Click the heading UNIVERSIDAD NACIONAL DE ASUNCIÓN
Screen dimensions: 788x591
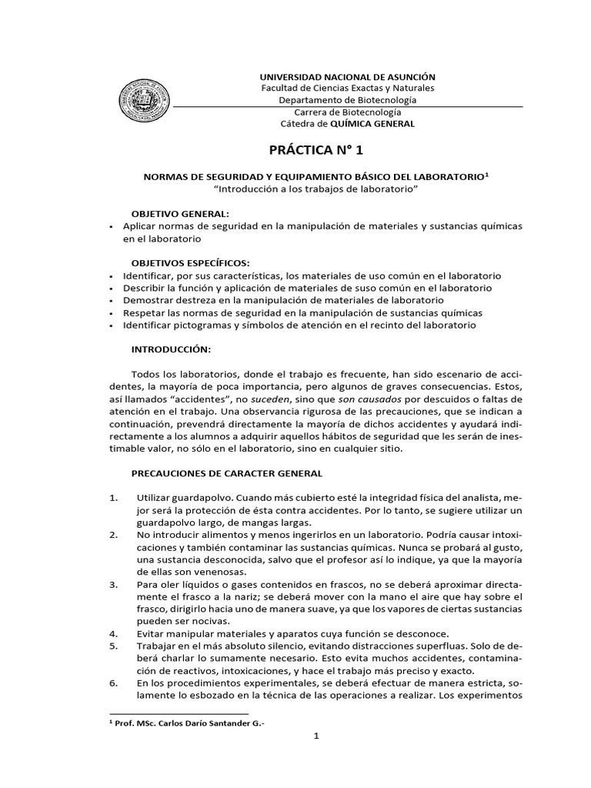click(x=346, y=77)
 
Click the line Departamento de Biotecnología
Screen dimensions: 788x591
click(x=347, y=100)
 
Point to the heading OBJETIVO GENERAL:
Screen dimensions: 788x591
click(x=180, y=212)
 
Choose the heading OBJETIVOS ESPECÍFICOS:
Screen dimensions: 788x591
click(x=190, y=262)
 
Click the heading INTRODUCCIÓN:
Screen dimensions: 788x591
click(x=171, y=349)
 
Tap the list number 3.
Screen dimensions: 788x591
click(x=114, y=585)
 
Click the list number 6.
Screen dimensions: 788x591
click(x=114, y=683)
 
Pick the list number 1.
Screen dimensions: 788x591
click(x=114, y=498)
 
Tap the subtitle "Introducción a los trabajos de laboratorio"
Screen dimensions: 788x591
click(x=316, y=189)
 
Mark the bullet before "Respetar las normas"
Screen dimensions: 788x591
click(x=112, y=313)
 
